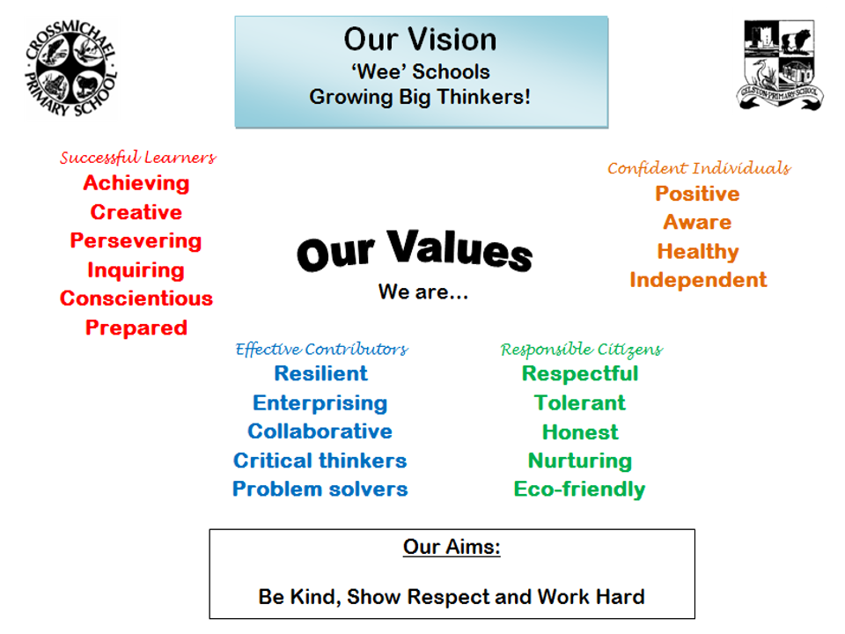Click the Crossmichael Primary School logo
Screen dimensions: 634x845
coord(71,68)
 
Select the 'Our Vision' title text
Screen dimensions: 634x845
coord(420,40)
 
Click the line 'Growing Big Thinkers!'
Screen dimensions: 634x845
coord(420,97)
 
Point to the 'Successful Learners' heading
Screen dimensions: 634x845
coord(137,158)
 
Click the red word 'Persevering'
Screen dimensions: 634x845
coord(136,240)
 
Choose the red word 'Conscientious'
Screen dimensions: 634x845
coord(136,299)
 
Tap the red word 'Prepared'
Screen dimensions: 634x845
coord(136,328)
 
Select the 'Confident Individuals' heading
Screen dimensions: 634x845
coord(698,168)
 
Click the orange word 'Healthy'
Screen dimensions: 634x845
coord(697,252)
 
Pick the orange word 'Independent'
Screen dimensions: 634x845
coord(697,280)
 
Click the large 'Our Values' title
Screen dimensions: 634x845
coord(415,250)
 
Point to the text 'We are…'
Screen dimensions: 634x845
coord(422,291)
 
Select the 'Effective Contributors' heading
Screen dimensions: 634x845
coord(321,349)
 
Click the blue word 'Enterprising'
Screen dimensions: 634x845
coord(320,402)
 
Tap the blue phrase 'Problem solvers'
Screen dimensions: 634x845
coord(320,489)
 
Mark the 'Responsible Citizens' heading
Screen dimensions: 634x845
coord(581,350)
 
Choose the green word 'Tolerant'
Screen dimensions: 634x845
coord(579,402)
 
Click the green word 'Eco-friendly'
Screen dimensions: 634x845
coord(579,489)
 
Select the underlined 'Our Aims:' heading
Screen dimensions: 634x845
coord(452,547)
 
